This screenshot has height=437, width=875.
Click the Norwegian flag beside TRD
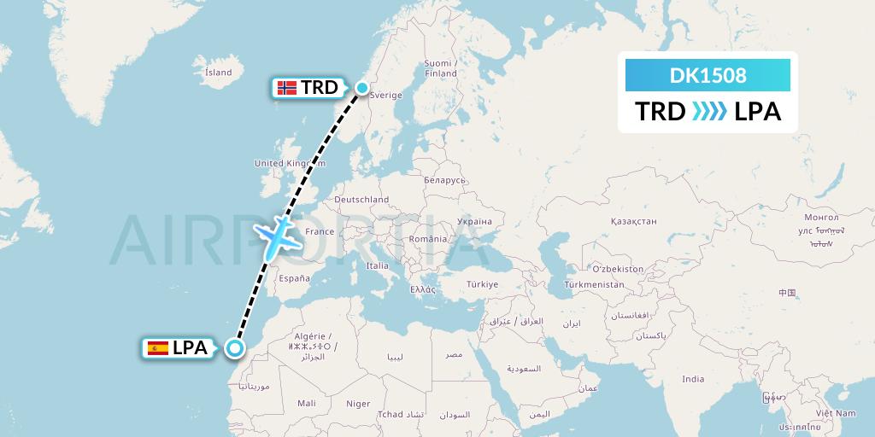click(288, 87)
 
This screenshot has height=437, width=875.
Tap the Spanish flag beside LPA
click(158, 347)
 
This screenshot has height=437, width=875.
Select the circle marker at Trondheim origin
click(361, 87)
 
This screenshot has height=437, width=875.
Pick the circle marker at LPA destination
click(234, 347)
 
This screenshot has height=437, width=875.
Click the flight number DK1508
click(708, 76)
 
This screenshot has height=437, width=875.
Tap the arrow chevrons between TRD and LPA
click(709, 111)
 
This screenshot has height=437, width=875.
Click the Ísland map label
click(219, 73)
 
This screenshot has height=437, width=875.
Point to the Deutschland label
click(361, 200)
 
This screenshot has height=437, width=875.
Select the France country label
click(320, 231)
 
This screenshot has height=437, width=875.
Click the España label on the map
click(294, 278)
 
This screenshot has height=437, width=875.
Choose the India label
click(693, 379)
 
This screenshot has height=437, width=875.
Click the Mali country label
click(307, 403)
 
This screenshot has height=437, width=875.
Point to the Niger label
click(358, 404)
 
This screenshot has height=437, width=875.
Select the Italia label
click(377, 266)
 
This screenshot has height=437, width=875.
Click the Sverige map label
click(386, 96)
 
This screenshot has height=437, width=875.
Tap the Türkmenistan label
click(596, 283)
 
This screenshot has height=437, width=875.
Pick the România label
click(427, 239)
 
